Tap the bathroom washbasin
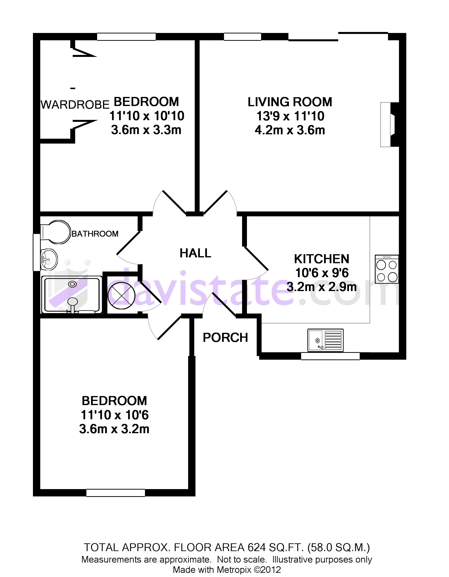click(49, 259)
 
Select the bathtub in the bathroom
click(72, 294)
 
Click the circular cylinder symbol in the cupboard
click(122, 296)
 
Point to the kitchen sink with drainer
click(326, 340)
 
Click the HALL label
click(195, 253)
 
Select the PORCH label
click(225, 338)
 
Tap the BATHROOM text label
click(95, 234)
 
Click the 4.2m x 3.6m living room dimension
click(290, 130)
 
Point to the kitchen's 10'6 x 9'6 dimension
click(322, 273)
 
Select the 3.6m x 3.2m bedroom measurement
click(114, 429)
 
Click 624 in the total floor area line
click(256, 547)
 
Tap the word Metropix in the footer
click(234, 570)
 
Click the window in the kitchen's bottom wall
click(330, 356)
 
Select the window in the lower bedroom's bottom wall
click(116, 493)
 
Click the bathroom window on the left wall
click(36, 252)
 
